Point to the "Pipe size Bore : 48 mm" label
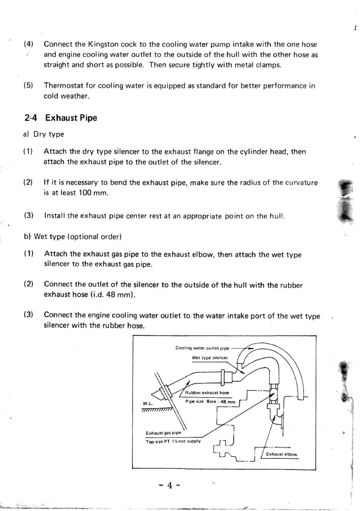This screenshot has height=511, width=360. [210, 402]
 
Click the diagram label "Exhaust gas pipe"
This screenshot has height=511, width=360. [161, 433]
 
